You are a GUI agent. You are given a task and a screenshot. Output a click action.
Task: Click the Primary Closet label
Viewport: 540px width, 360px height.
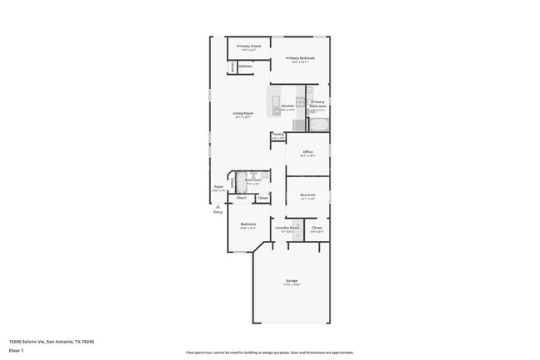coord(249,47)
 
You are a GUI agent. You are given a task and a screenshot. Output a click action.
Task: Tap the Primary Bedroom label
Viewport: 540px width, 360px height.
coord(300,58)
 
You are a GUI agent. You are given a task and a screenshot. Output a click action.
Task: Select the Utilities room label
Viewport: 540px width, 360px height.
coord(246,66)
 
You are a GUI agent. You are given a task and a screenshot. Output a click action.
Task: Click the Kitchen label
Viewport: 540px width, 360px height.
coord(287,106)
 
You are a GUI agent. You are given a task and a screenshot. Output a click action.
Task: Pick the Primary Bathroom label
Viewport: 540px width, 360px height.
coord(317,104)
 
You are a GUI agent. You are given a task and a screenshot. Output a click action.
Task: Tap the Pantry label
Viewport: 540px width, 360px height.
coord(277,134)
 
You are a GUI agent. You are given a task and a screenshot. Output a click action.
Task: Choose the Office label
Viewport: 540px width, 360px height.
coord(307,152)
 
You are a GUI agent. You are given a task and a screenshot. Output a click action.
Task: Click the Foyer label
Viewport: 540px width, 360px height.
coord(218,187)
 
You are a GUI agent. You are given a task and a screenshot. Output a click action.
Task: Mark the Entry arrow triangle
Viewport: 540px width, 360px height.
coord(218,205)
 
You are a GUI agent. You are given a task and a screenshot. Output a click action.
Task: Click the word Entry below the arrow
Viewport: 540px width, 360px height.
coord(218,212)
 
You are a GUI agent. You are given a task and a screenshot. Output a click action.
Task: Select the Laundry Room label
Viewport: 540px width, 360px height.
coord(287,227)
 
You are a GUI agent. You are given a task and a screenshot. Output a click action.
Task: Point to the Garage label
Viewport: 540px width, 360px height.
coord(292,281)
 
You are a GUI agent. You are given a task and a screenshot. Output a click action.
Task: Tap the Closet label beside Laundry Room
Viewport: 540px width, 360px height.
coord(317,227)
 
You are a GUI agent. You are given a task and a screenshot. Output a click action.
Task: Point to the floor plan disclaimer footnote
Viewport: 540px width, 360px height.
coord(269,353)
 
